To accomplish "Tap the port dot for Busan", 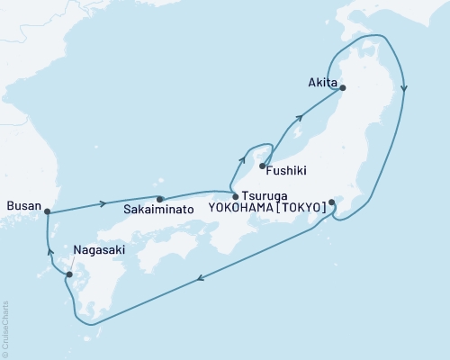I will (x=47, y=212).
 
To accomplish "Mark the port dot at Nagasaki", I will (x=69, y=274).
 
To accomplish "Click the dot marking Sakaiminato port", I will (x=159, y=199).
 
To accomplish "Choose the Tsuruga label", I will (x=263, y=195).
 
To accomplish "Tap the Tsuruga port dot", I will (x=236, y=196).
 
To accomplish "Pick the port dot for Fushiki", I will (x=262, y=165).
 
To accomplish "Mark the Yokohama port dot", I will (x=332, y=202).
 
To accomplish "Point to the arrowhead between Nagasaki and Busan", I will (x=49, y=253).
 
